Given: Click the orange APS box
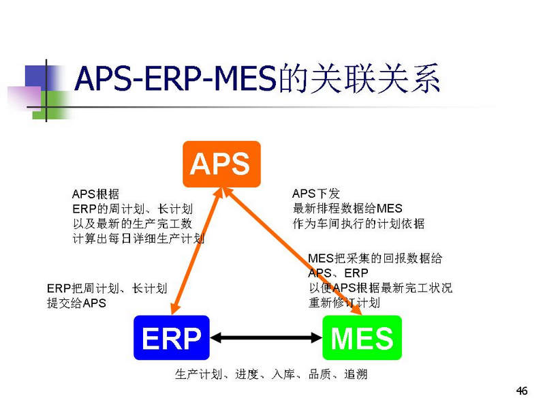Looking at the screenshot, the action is pos(222,164).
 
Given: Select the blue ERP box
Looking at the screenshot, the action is pos(172,337).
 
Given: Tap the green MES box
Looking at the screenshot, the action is pos(362,337).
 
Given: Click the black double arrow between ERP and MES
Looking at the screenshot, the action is pos(266,337).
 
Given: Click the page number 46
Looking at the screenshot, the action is pos(522,391).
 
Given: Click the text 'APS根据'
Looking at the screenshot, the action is pos(95,194).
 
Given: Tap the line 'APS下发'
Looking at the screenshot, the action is pos(315,194).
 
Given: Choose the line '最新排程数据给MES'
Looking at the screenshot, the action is pos(347,209).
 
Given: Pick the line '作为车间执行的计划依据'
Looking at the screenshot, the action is pos(358,224).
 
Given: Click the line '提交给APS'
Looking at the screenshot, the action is pos(76,303).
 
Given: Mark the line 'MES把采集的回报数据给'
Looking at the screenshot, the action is pos(375,258).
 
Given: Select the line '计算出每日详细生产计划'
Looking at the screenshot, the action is pos(138,239).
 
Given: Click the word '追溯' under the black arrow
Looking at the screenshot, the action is pos(356,374).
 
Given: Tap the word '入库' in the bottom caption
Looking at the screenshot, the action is pos(283,374).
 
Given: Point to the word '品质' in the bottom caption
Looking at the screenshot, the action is pos(320,374).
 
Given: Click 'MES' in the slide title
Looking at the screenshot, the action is pos(245,78).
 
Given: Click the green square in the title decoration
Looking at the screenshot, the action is pos(53,105).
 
